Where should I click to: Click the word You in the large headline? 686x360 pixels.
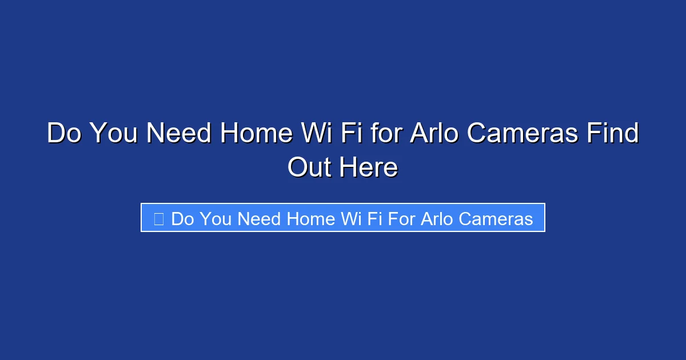click(113, 134)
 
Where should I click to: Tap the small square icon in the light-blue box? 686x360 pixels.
click(158, 218)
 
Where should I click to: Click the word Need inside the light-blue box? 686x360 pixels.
click(260, 219)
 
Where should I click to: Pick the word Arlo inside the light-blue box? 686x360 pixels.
click(437, 219)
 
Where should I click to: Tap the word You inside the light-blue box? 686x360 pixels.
click(216, 219)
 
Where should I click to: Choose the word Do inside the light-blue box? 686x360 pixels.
click(182, 219)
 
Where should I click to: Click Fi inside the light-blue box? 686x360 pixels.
click(374, 219)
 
